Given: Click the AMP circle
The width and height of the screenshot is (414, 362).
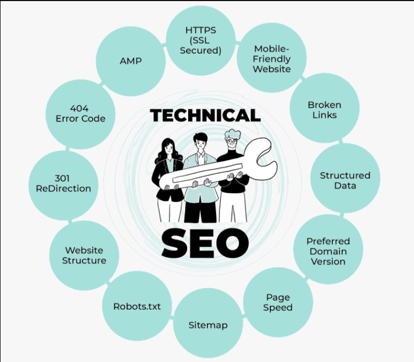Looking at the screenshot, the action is [x=131, y=61].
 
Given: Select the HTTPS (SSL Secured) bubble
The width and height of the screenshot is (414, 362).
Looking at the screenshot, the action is [x=201, y=40].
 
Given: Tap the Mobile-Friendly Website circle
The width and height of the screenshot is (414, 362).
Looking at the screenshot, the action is [x=271, y=58].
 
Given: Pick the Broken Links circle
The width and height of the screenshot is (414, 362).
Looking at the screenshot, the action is [x=324, y=108].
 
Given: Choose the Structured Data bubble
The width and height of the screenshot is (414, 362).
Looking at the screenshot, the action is [x=345, y=178].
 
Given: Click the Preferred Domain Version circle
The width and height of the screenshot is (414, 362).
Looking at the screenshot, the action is [x=328, y=249].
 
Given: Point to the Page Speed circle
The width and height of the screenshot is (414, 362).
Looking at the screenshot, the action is [x=278, y=302].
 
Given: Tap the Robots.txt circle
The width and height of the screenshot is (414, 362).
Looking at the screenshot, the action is [x=137, y=306].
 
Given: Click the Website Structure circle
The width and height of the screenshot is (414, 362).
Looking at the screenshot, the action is [x=84, y=255].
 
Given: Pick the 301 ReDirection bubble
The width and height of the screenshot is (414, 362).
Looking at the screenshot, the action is [x=63, y=185].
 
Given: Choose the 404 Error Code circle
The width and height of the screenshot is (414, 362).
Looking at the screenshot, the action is [x=81, y=114].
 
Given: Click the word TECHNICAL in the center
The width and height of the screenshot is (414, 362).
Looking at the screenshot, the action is [x=206, y=115].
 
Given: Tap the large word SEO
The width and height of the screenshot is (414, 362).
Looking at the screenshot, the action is [x=205, y=243].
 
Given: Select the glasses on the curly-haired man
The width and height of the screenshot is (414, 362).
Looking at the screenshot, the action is [x=232, y=142].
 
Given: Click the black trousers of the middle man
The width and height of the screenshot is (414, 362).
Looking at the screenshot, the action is [x=200, y=211].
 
